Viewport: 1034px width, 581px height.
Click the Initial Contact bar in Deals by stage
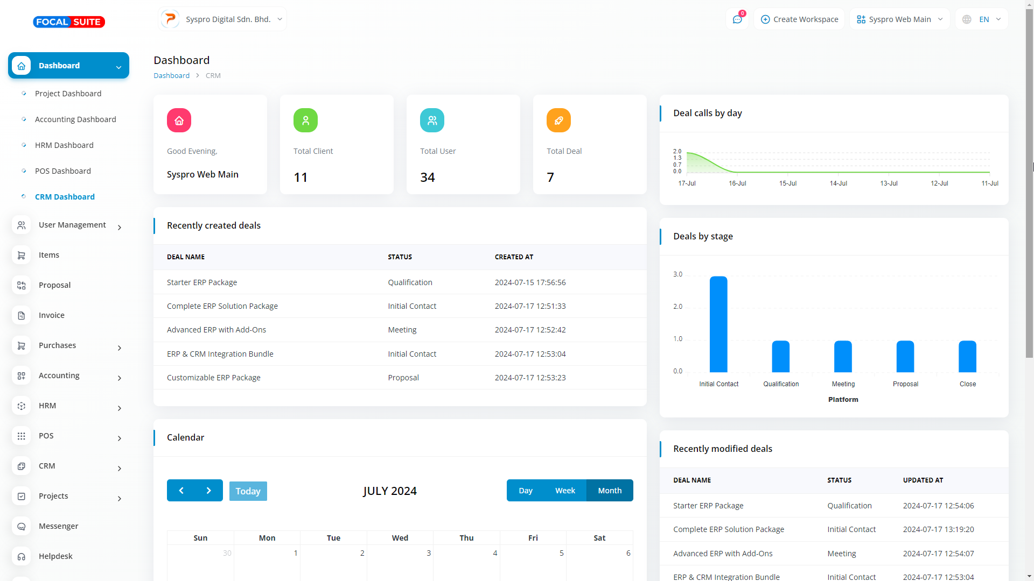[718, 324]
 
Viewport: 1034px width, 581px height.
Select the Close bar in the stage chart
[967, 356]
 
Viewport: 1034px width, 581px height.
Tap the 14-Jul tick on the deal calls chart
[838, 183]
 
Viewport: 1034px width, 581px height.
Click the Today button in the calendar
[248, 491]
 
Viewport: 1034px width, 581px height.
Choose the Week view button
[565, 491]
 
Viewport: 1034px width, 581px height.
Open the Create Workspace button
[799, 19]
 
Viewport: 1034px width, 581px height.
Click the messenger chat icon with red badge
[737, 19]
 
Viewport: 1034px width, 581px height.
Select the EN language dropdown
[983, 19]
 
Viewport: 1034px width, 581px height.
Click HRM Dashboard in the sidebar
[64, 145]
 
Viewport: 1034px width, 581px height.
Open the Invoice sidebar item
[52, 315]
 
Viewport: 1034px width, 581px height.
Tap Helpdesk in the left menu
[55, 556]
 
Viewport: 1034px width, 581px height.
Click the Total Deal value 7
[550, 178]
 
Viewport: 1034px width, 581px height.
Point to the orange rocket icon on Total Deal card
[558, 121]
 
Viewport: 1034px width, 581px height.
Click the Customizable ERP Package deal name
[214, 378]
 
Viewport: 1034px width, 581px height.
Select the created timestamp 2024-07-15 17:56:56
[530, 282]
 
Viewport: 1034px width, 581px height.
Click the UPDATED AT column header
[923, 480]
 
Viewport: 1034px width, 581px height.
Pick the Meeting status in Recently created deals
[402, 330]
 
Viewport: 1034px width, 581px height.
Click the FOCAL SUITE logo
[69, 22]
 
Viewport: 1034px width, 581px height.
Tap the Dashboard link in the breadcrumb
[171, 76]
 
